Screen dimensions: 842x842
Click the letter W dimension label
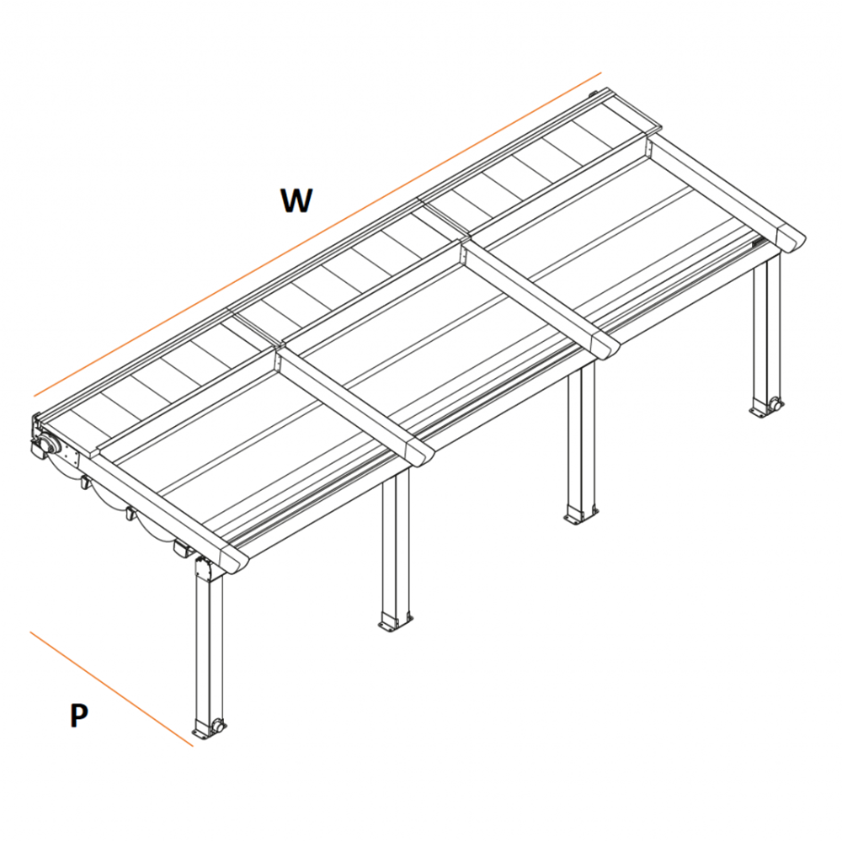(x=296, y=200)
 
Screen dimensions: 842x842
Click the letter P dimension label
(x=78, y=716)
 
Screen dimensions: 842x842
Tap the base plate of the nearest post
(x=207, y=730)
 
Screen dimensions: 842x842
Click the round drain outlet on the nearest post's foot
(x=218, y=725)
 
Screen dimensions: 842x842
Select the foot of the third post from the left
(x=580, y=514)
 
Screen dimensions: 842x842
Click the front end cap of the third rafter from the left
(x=603, y=344)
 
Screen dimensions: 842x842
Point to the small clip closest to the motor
(x=85, y=483)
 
